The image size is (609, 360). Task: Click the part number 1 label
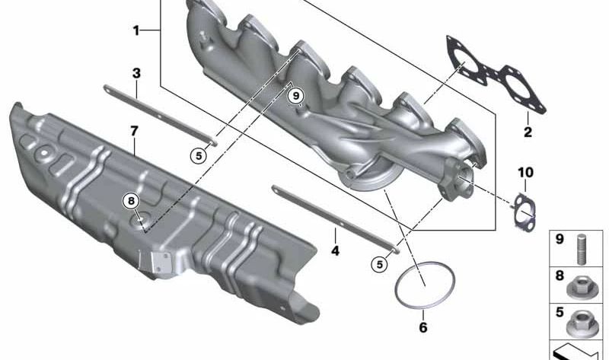point(136,30)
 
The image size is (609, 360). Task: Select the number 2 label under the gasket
point(528,132)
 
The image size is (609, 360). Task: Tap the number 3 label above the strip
point(136,73)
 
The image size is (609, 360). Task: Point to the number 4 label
point(335,250)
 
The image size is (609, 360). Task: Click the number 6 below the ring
point(423,327)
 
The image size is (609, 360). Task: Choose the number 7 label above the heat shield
point(135,131)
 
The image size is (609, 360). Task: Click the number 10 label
point(525,172)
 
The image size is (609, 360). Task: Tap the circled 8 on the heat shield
point(131,201)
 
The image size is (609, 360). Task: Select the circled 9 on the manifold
point(296,95)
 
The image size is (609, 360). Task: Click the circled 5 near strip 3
point(199,156)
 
